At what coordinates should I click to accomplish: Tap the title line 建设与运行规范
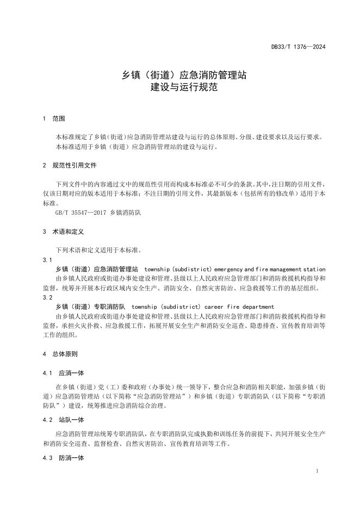[179, 87]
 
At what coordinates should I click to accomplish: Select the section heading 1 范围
[54, 118]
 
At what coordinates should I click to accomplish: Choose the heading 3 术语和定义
[63, 231]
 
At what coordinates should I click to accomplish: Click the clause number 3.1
[47, 260]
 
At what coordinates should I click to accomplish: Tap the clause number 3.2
[47, 297]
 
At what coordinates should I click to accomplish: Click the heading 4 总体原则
[63, 354]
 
